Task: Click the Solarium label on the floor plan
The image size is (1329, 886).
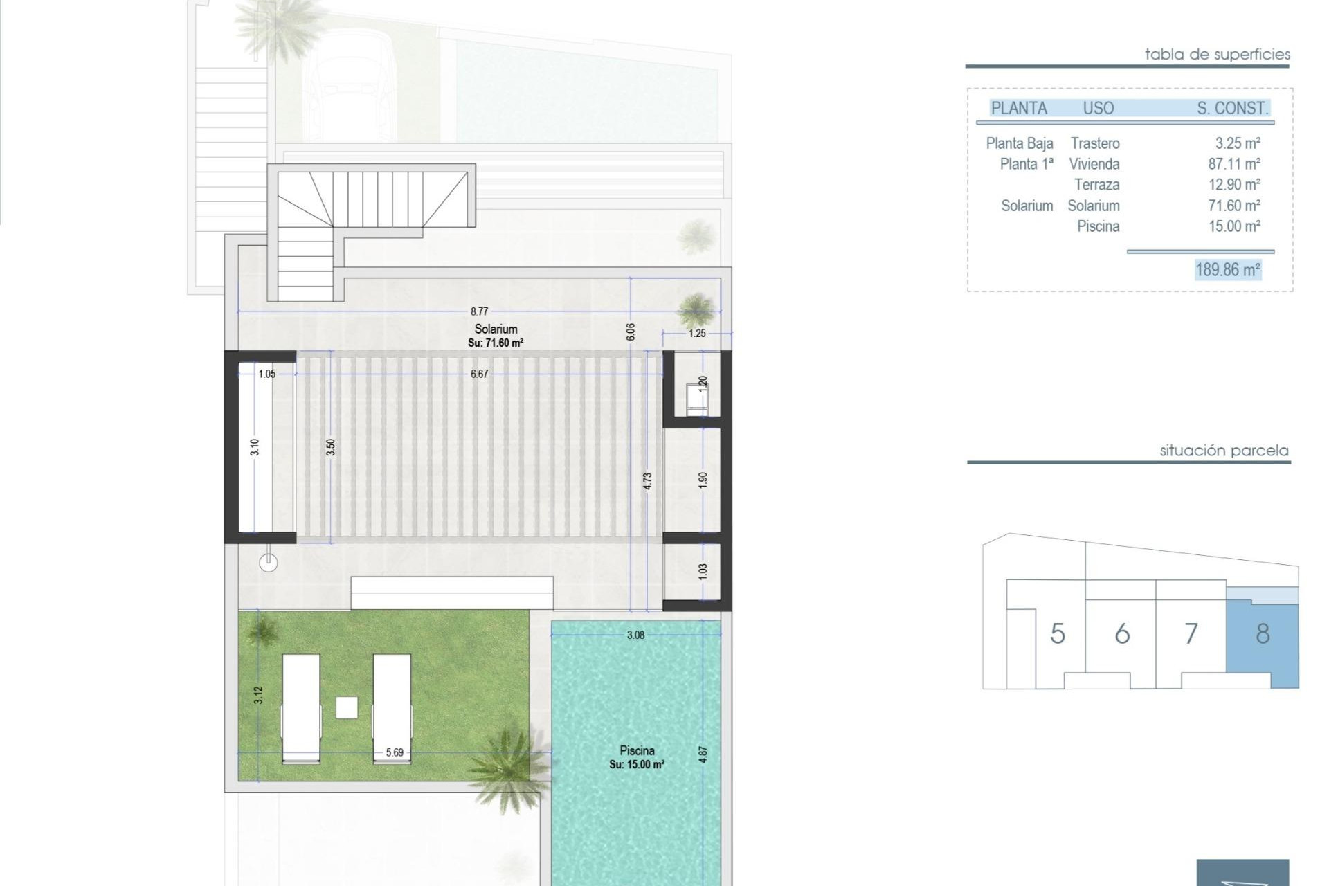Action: point(496,329)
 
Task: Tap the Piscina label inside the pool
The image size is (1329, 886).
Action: point(637,750)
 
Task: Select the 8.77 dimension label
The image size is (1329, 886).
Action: point(479,311)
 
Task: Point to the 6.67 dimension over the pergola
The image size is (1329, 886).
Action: point(479,374)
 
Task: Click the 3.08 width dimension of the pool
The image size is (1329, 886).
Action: point(635,635)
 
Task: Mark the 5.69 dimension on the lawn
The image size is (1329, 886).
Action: point(395,752)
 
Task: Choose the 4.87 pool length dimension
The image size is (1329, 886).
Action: point(703,754)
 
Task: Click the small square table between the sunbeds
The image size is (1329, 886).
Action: point(347,707)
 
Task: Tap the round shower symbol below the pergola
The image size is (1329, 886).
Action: point(269,563)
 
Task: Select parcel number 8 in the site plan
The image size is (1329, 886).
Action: point(1263,633)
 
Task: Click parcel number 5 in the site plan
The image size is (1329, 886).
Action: point(1057,633)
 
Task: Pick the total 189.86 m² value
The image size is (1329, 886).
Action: point(1228,269)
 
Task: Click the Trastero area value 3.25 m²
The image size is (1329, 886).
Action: point(1238,143)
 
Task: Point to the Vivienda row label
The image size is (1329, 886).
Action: point(1094,164)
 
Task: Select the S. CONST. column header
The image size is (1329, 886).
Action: point(1232,108)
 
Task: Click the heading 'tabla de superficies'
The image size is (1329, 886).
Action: point(1217,54)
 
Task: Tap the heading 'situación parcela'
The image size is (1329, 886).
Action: point(1224,451)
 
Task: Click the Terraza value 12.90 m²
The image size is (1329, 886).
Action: point(1234,185)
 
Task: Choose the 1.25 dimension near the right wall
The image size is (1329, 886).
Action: point(697,334)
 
